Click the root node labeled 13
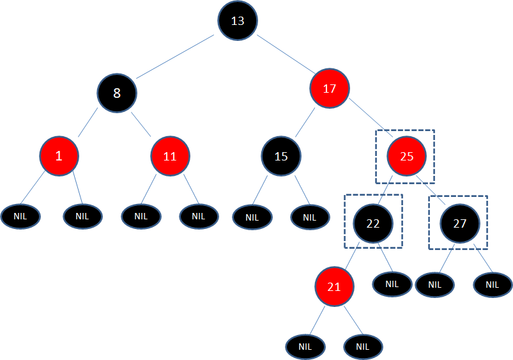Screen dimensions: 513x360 click(x=238, y=20)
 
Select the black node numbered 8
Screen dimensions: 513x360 click(x=117, y=93)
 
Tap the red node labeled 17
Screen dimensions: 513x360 click(x=330, y=88)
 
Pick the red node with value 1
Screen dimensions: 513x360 click(x=59, y=156)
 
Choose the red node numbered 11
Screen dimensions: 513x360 click(x=170, y=156)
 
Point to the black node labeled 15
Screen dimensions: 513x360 click(x=281, y=156)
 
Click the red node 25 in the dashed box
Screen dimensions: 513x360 click(x=407, y=156)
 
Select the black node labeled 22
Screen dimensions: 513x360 click(x=373, y=223)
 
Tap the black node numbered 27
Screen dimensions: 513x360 click(x=460, y=223)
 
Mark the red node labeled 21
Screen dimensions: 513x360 click(x=334, y=286)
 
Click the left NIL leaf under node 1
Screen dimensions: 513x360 click(x=20, y=217)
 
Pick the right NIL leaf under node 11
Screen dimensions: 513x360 click(x=199, y=217)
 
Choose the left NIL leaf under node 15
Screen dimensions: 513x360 click(x=252, y=217)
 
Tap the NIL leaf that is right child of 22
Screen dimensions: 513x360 click(x=392, y=284)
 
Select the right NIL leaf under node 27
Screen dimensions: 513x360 click(x=493, y=285)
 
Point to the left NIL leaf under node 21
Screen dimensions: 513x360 click(x=305, y=347)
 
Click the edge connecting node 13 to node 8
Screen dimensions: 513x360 click(x=175, y=57)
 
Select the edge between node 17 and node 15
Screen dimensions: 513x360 click(x=305, y=123)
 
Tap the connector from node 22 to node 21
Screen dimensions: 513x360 click(x=353, y=256)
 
